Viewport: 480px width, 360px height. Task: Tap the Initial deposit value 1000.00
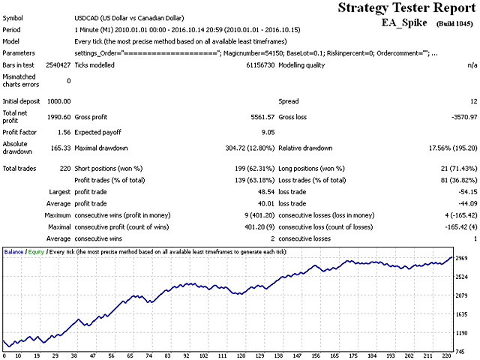click(58, 100)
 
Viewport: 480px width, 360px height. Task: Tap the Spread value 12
click(472, 100)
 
